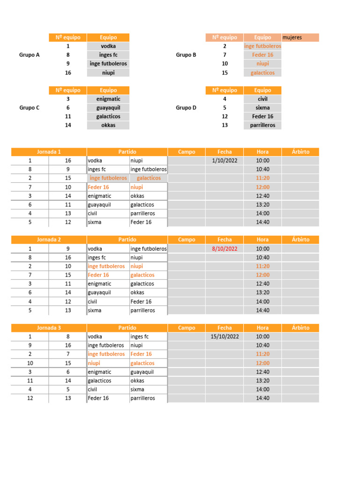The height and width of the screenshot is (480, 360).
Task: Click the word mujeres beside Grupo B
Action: click(x=292, y=37)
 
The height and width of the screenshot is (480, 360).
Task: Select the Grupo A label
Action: click(x=30, y=55)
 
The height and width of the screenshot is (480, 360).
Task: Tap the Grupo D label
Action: click(x=186, y=108)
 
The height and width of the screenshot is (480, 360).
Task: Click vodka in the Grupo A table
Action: click(x=108, y=46)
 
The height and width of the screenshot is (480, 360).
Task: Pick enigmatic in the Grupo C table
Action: click(x=108, y=99)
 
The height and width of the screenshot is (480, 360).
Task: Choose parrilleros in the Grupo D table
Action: click(x=262, y=125)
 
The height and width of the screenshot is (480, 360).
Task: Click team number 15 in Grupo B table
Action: click(x=225, y=73)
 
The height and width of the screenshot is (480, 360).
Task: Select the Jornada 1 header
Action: click(x=49, y=152)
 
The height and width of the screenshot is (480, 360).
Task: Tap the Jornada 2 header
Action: click(x=49, y=240)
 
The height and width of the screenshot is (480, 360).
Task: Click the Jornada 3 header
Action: click(x=49, y=328)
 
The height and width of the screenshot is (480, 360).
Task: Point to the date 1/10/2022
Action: click(x=225, y=160)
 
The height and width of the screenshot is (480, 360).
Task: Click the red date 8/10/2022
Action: click(x=225, y=248)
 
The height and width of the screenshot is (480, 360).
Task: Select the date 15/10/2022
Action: click(x=225, y=337)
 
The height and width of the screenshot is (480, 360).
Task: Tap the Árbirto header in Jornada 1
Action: click(x=300, y=152)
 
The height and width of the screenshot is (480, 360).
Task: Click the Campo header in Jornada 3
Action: click(x=187, y=328)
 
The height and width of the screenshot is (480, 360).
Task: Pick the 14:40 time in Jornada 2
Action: click(x=262, y=310)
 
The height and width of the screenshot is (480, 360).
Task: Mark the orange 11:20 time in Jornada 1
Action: click(x=262, y=178)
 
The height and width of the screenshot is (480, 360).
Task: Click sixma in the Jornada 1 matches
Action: click(x=95, y=222)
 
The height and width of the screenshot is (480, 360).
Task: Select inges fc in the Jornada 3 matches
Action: click(x=139, y=337)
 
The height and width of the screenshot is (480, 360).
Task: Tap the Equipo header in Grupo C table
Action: click(x=108, y=90)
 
